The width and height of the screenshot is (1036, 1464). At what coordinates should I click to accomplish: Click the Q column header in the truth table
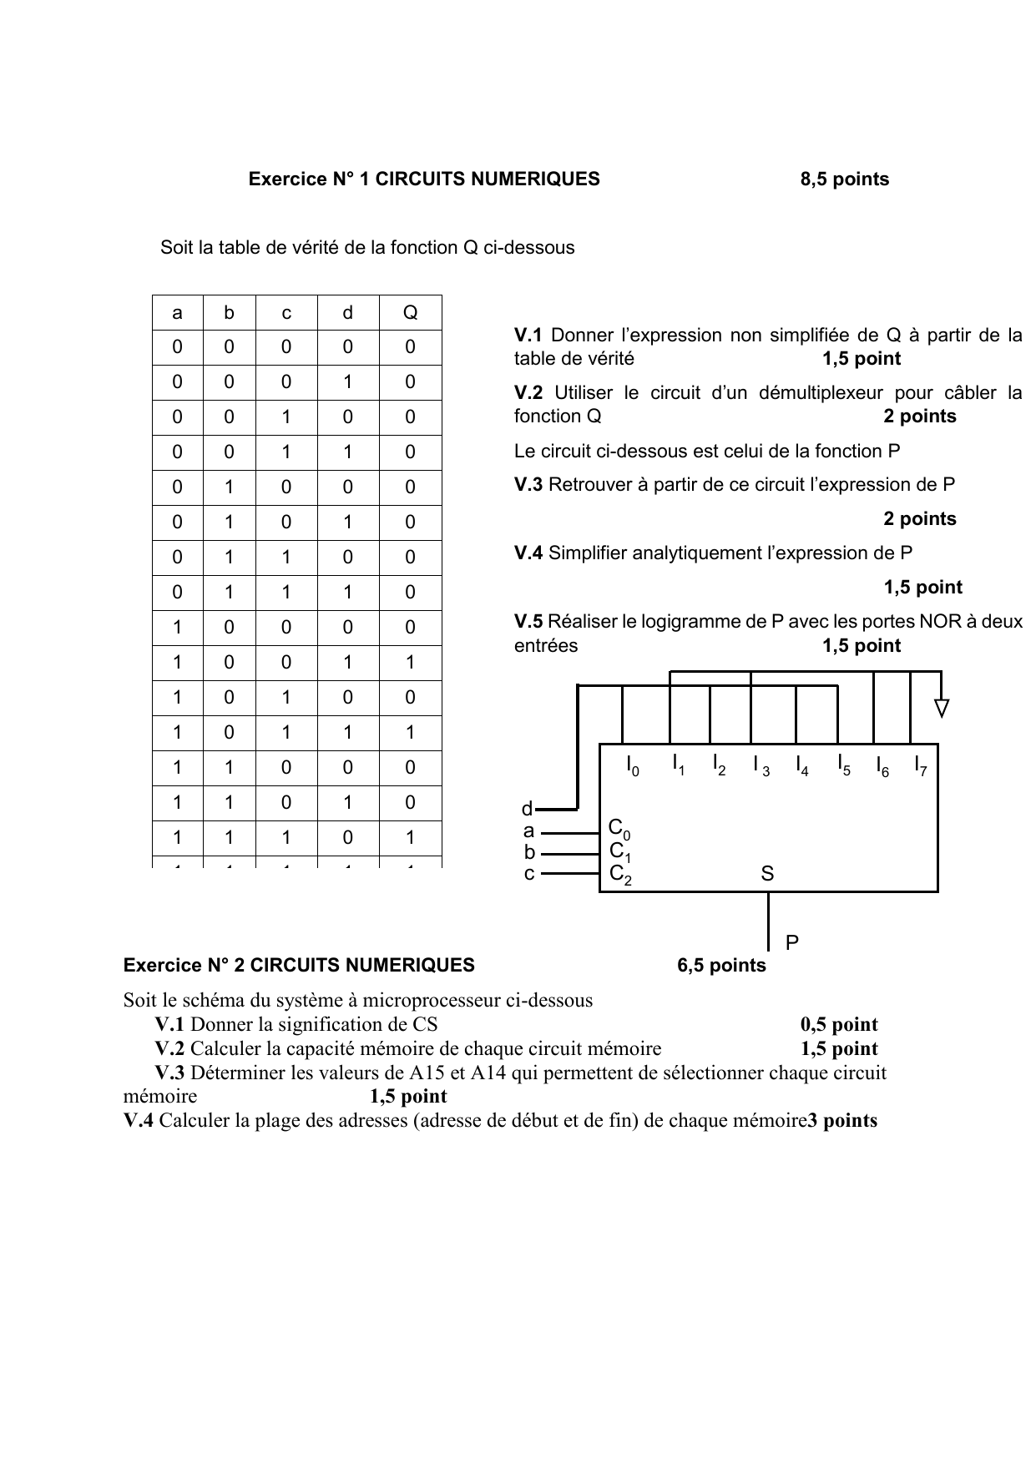pyautogui.click(x=410, y=313)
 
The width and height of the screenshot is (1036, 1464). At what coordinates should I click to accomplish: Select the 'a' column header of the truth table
pyautogui.click(x=177, y=313)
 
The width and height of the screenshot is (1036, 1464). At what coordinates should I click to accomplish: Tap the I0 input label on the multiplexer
pyautogui.click(x=633, y=765)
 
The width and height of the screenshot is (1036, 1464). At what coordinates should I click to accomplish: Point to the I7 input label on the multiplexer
pyautogui.click(x=921, y=765)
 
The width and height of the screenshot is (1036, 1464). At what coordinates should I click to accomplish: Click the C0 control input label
pyautogui.click(x=619, y=829)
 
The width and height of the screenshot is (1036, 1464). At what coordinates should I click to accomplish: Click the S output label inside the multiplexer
pyautogui.click(x=767, y=874)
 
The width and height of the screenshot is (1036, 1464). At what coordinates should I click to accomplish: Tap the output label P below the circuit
pyautogui.click(x=792, y=942)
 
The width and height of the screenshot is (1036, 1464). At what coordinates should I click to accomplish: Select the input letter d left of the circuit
pyautogui.click(x=527, y=809)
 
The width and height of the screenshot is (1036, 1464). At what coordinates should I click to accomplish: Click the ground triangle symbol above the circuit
pyautogui.click(x=942, y=709)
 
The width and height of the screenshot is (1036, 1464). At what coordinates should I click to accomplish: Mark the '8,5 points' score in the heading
pyautogui.click(x=844, y=179)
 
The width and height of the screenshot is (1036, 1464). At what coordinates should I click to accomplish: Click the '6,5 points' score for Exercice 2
pyautogui.click(x=721, y=966)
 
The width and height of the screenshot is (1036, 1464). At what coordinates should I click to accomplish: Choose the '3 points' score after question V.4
pyautogui.click(x=842, y=1121)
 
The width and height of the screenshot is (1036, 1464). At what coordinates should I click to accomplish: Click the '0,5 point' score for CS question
pyautogui.click(x=839, y=1025)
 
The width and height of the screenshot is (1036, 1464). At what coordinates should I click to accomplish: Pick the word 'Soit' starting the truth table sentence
pyautogui.click(x=176, y=248)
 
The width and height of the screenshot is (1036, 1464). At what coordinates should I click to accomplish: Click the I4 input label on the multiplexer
pyautogui.click(x=801, y=765)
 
